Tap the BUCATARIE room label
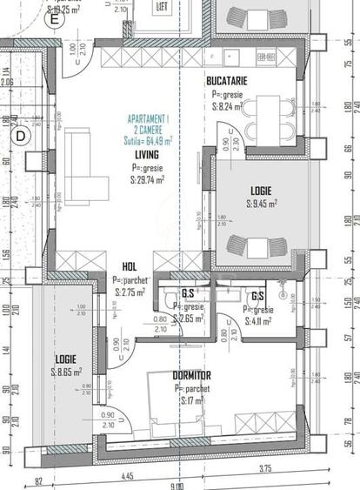[x=228, y=81]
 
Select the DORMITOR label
[x=193, y=375]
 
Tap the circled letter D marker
[x=20, y=135]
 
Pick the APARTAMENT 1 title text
[x=148, y=117]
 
